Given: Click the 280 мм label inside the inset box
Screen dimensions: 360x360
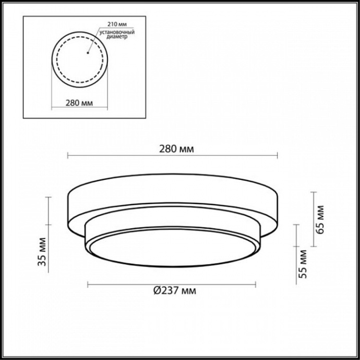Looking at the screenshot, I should [80, 102].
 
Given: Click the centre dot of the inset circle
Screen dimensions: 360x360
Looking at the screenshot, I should [88, 52].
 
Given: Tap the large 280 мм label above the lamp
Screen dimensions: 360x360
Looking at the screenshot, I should [173, 149].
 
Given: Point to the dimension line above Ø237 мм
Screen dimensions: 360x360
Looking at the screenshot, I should [172, 284].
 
